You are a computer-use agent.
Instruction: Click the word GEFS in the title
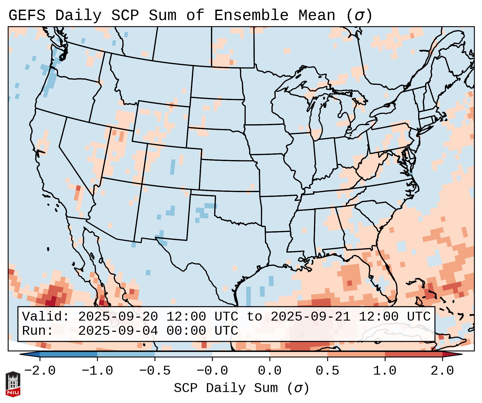coord(27,15)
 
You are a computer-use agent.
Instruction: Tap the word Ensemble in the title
coord(251,15)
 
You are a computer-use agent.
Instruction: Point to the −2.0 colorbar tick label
coord(40,371)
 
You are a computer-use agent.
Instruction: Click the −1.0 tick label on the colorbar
coord(97,371)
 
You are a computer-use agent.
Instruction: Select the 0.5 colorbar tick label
coord(327,371)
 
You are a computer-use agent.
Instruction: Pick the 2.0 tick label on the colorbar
coord(442,371)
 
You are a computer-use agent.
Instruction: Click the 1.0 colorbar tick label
coord(385,371)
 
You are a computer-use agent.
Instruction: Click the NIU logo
coord(13,384)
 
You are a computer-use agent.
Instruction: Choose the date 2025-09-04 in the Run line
coord(118,331)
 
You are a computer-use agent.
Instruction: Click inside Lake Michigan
coord(317,118)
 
